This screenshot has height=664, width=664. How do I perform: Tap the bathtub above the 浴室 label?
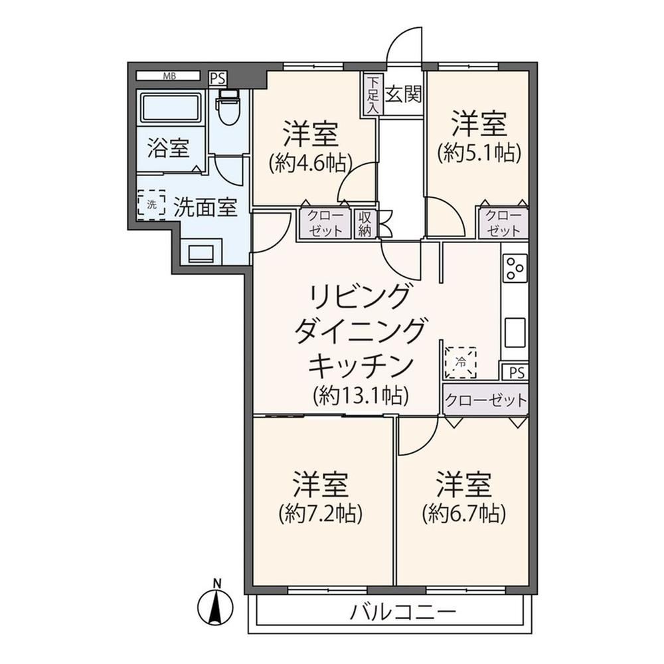(171, 107)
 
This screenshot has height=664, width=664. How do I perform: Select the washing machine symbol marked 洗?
(151, 205)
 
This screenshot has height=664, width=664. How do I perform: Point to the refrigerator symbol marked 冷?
(460, 363)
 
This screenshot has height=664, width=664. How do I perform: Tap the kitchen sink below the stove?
(515, 333)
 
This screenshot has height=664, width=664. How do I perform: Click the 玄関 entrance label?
(404, 94)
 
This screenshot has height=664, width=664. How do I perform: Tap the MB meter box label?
(169, 76)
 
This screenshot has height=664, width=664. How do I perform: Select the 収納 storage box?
(365, 224)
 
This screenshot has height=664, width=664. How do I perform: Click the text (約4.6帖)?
(311, 163)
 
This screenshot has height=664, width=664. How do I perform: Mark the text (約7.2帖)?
(321, 514)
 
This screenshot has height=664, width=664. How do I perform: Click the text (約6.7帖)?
(463, 514)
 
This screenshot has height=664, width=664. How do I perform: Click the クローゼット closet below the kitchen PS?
(486, 399)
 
